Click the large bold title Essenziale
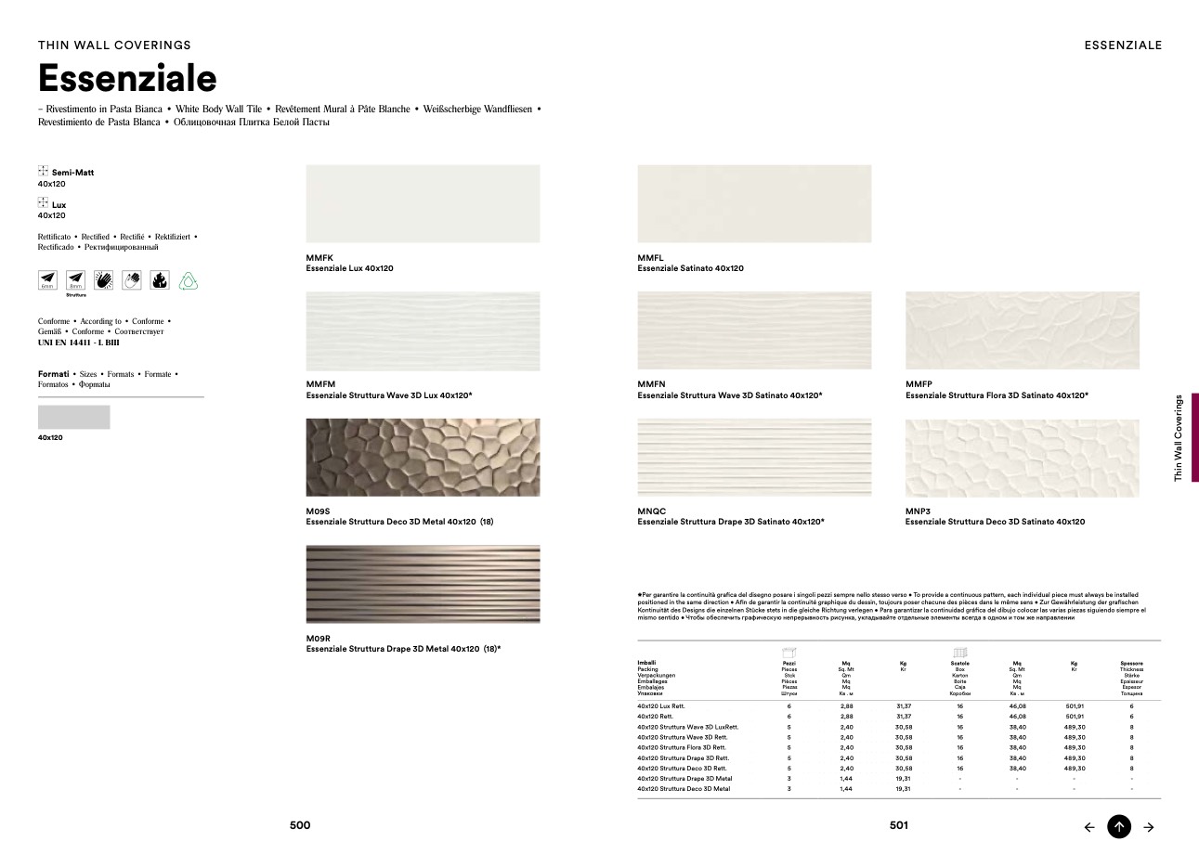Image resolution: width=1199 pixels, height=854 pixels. click(x=127, y=79)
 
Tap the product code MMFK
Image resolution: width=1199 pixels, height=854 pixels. click(x=320, y=257)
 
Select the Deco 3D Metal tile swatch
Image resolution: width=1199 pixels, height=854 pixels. click(x=423, y=457)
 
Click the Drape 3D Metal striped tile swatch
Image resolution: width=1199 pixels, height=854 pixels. click(x=423, y=584)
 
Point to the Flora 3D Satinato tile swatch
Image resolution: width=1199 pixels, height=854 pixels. click(x=1022, y=330)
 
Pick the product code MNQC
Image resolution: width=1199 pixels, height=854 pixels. click(x=652, y=511)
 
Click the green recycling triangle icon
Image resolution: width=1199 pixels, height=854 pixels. click(x=188, y=280)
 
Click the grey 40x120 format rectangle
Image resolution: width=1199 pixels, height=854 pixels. click(x=73, y=417)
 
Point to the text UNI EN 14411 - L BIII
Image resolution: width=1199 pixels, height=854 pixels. click(x=79, y=343)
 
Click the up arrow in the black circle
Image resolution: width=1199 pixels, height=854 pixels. click(x=1119, y=826)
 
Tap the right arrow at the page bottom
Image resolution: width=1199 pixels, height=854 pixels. click(x=1149, y=827)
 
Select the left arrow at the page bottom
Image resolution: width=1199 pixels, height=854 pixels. click(x=1089, y=827)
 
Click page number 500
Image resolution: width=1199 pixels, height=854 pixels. click(x=300, y=825)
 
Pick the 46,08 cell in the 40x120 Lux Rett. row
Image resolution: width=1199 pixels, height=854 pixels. click(x=1016, y=706)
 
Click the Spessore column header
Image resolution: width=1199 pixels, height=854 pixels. click(x=1131, y=663)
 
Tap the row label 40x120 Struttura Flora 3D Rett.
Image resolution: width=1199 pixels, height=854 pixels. click(x=682, y=747)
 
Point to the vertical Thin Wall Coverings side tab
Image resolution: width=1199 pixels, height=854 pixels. click(x=1179, y=437)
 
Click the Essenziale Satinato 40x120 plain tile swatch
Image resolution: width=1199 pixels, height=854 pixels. click(x=754, y=203)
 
